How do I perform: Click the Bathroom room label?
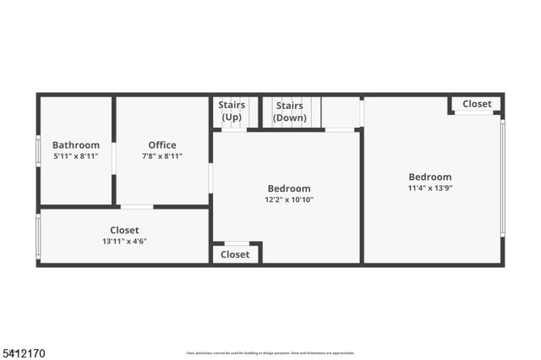pyautogui.click(x=76, y=145)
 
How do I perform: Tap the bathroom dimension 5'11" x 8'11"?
pyautogui.click(x=76, y=156)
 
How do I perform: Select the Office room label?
pyautogui.click(x=162, y=145)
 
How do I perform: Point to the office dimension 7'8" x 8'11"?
pyautogui.click(x=162, y=156)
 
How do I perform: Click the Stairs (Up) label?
pyautogui.click(x=232, y=111)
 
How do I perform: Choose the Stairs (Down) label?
pyautogui.click(x=290, y=111)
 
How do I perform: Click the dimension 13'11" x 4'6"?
pyautogui.click(x=124, y=242)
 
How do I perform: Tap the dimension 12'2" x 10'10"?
pyautogui.click(x=288, y=200)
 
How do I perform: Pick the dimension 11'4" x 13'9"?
pyautogui.click(x=430, y=188)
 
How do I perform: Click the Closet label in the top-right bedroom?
pyautogui.click(x=477, y=104)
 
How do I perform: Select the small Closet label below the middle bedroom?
pyautogui.click(x=235, y=254)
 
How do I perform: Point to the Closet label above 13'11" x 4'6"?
pyautogui.click(x=124, y=230)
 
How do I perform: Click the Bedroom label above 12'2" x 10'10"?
pyautogui.click(x=288, y=188)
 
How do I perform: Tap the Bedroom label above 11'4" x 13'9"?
pyautogui.click(x=430, y=177)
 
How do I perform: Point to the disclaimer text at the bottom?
pyautogui.click(x=270, y=353)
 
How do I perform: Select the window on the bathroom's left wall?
pyautogui.click(x=38, y=150)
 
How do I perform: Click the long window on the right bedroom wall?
pyautogui.click(x=502, y=177)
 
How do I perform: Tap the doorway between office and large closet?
pyautogui.click(x=136, y=206)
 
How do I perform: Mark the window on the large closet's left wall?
pyautogui.click(x=38, y=237)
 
